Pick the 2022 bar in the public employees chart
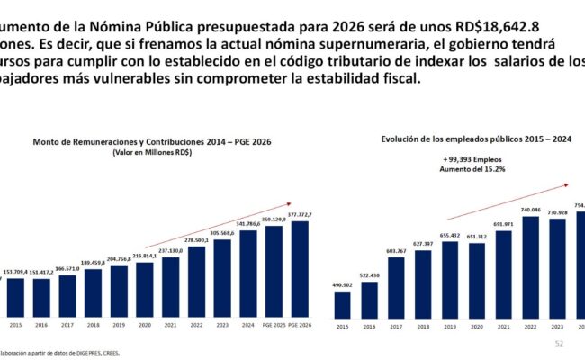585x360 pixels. (530, 267)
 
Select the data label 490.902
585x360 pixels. (341, 285)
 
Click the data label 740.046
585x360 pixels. (530, 210)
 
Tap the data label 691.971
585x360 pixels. (503, 224)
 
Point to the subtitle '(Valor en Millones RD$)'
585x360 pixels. (152, 153)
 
